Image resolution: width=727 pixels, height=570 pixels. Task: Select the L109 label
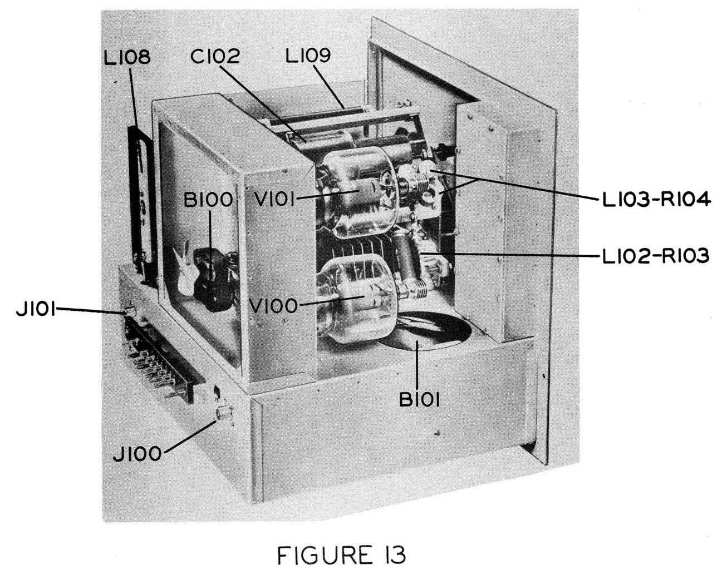[x=308, y=55]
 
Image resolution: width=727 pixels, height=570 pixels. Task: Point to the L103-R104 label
[x=656, y=201]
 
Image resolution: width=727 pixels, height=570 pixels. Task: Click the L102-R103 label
[x=656, y=256]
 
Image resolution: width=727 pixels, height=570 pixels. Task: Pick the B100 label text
[x=208, y=200]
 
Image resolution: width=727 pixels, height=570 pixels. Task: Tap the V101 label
[x=274, y=200]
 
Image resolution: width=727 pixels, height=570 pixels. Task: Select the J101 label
[x=36, y=309]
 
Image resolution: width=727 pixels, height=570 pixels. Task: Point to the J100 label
[x=137, y=454]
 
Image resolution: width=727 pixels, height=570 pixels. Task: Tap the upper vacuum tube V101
[x=356, y=193]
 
